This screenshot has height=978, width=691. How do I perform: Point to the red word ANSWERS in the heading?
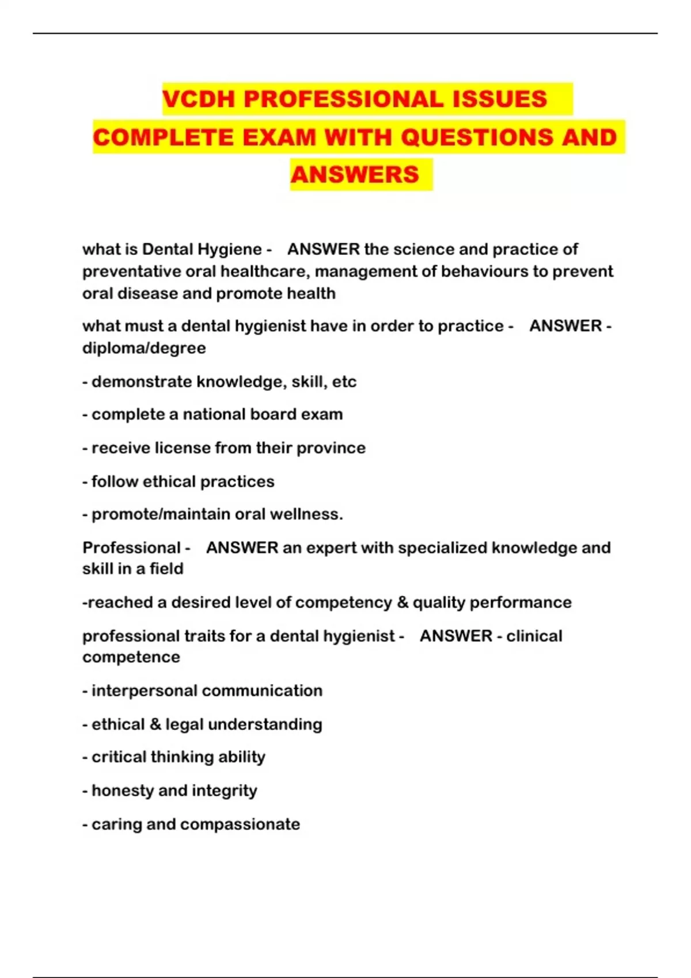pos(355,175)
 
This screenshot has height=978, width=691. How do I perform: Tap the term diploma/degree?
pos(144,349)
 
